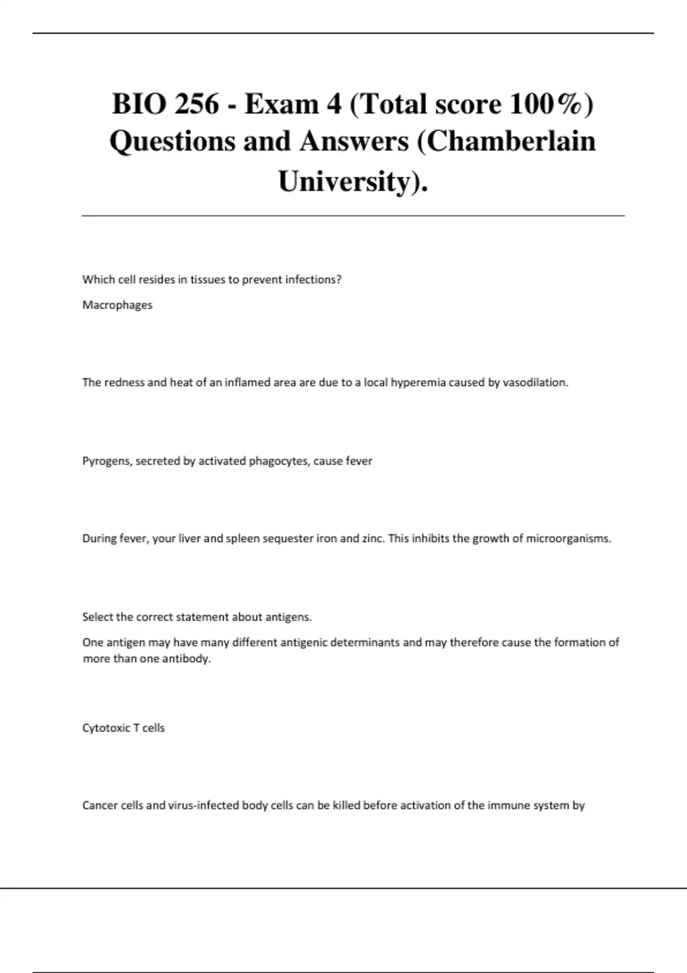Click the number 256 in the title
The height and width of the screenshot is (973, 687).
point(198,105)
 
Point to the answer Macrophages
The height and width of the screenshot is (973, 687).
point(117,305)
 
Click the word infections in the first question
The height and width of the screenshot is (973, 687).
point(313,280)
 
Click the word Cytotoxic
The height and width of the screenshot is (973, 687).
point(106,728)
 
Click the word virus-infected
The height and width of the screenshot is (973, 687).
point(203,806)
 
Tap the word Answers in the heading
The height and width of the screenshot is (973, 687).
point(354,141)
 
